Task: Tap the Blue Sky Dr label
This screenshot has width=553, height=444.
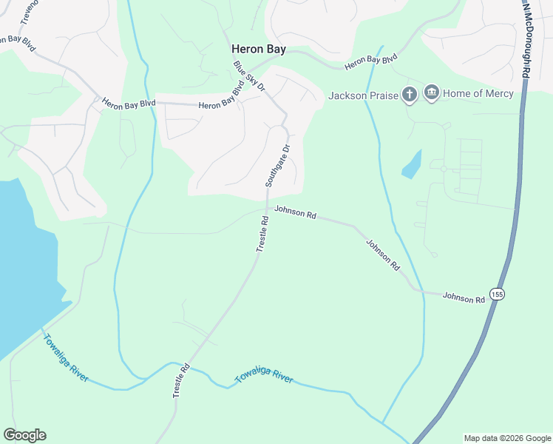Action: click(249, 75)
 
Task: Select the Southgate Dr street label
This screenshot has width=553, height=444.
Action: click(278, 165)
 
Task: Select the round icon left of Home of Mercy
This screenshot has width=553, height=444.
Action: click(432, 93)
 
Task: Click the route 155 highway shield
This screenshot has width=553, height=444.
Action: click(497, 294)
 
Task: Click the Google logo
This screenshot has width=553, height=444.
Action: click(24, 435)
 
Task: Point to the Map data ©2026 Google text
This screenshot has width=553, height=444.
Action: click(506, 438)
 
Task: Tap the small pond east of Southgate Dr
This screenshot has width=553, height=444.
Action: click(412, 164)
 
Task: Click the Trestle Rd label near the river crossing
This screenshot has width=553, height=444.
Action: click(181, 381)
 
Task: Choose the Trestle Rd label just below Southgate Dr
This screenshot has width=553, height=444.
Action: click(262, 235)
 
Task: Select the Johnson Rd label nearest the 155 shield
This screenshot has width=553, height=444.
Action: click(464, 297)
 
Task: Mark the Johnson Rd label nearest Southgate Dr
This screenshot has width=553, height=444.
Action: click(295, 213)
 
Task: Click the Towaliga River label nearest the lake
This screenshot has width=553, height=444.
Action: click(66, 358)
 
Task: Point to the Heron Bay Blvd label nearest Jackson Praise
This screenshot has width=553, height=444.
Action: click(371, 61)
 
